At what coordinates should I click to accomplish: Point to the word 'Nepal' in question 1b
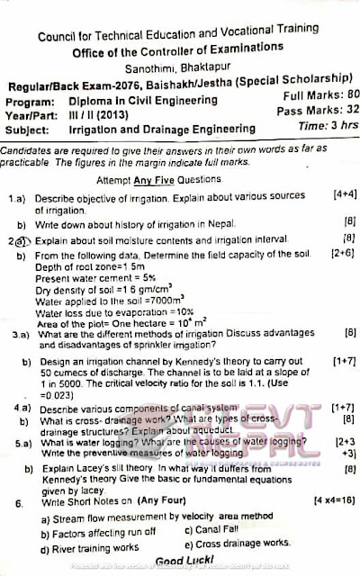tap(220, 222)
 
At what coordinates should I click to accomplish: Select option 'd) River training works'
tap(88, 544)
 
